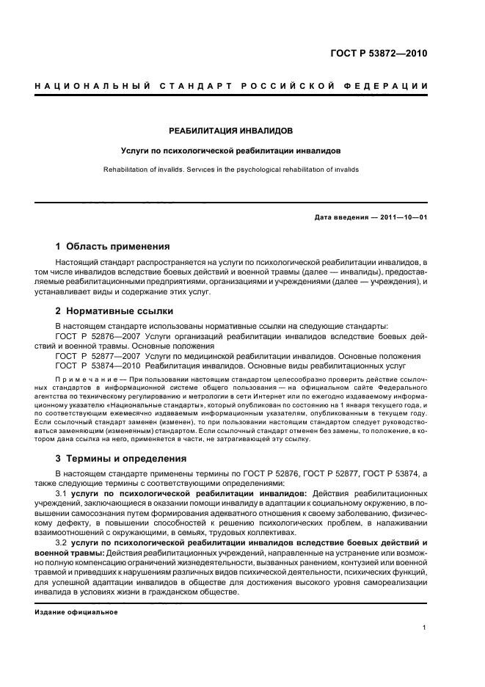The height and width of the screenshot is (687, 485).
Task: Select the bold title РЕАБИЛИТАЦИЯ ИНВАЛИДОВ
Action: click(x=230, y=131)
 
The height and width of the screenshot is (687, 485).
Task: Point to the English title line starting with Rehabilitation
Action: click(x=230, y=169)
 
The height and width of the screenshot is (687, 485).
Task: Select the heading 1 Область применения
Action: click(x=113, y=247)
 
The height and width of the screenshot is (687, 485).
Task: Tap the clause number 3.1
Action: click(x=62, y=493)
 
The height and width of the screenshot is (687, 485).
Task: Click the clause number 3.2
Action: click(x=62, y=541)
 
